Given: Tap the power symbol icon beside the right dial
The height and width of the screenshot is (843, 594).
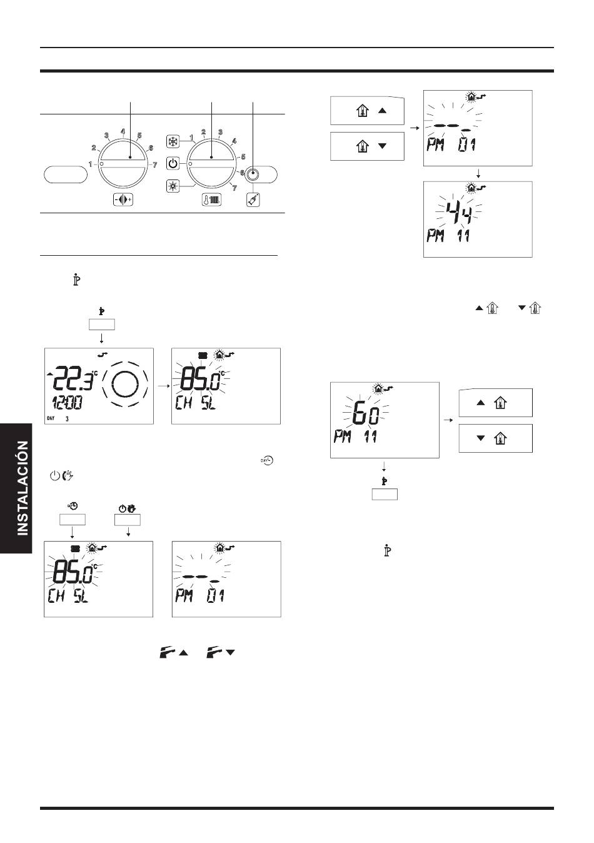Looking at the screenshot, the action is [x=173, y=164].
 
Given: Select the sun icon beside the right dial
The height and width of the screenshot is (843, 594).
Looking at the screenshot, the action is [x=173, y=186].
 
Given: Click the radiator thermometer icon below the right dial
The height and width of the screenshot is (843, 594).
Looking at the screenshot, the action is [x=211, y=199].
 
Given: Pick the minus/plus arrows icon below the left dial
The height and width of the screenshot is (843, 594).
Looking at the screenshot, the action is [x=123, y=199].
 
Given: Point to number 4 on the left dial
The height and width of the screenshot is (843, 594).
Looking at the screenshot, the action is [x=123, y=131].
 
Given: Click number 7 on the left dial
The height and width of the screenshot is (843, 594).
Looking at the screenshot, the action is [x=154, y=164].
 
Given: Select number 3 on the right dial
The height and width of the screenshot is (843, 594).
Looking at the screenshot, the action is [x=221, y=132].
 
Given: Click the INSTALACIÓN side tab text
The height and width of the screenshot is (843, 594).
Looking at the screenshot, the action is [x=23, y=488].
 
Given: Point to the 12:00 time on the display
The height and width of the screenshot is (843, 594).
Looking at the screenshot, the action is [x=68, y=403].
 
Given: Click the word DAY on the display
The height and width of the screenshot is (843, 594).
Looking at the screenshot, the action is [x=51, y=418].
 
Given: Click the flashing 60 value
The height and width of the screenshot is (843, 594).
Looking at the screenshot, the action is [x=366, y=417].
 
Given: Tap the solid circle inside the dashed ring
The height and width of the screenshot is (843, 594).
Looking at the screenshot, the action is [x=126, y=384].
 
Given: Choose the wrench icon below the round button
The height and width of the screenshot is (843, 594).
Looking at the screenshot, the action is [x=253, y=199].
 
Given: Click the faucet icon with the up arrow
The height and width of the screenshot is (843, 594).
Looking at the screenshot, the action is [x=173, y=652].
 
